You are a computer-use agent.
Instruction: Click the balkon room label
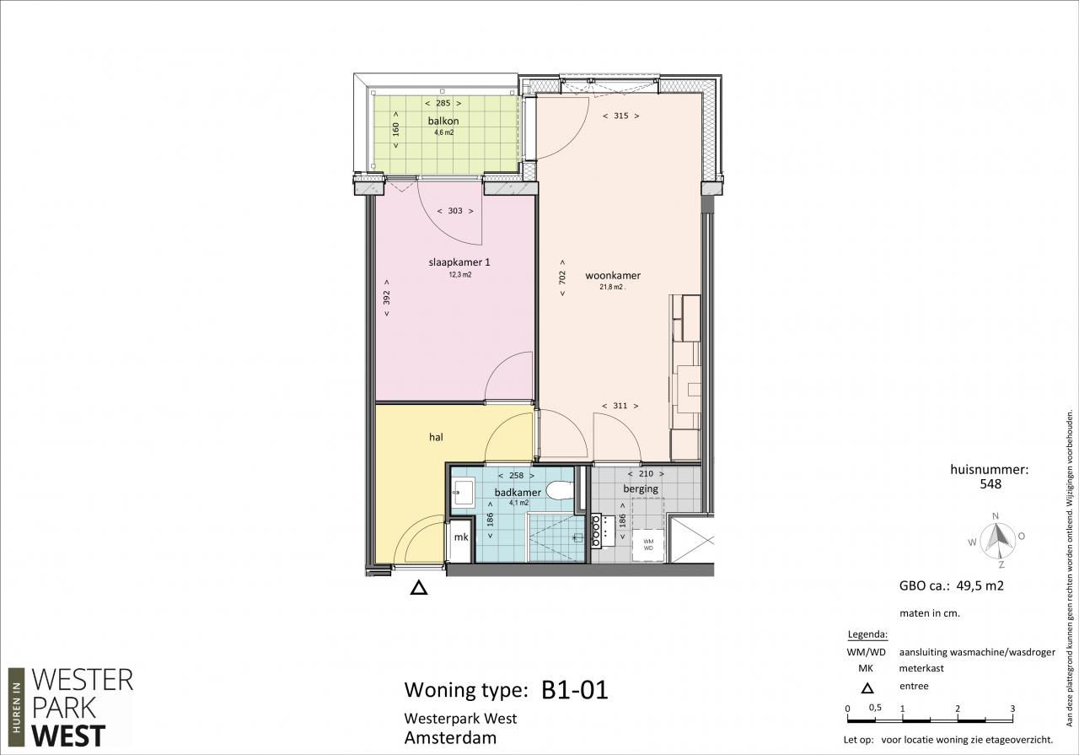(x=443, y=121)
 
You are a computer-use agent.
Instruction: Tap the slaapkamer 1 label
(x=459, y=262)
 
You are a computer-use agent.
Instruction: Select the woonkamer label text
(x=613, y=276)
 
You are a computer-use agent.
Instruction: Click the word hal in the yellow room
(x=436, y=437)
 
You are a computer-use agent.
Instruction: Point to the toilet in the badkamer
(x=561, y=490)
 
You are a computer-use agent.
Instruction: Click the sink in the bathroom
(x=464, y=492)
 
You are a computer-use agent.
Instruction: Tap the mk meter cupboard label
(x=461, y=537)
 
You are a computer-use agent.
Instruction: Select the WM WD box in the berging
(x=648, y=545)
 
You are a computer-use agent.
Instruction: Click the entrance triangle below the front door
(x=419, y=588)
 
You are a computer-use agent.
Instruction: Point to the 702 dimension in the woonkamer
(x=562, y=278)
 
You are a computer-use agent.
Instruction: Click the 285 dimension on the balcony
(x=443, y=103)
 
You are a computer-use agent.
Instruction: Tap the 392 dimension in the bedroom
(x=386, y=298)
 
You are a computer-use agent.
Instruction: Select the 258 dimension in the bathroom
(x=517, y=476)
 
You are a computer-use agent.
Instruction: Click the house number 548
(x=990, y=484)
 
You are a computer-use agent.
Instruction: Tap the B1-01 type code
(x=575, y=690)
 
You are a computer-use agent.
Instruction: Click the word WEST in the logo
(x=68, y=736)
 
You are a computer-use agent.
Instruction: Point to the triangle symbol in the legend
(x=867, y=688)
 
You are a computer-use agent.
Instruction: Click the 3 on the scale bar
(x=1012, y=709)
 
